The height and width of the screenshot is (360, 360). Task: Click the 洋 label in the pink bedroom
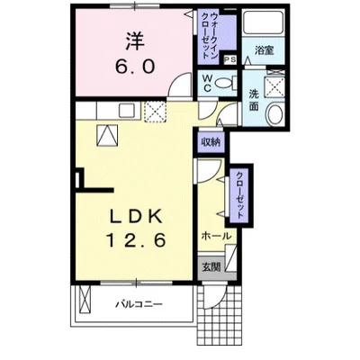coord(135,41)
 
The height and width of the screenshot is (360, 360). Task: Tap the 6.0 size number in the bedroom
coord(135,67)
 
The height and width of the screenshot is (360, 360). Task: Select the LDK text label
coord(137,216)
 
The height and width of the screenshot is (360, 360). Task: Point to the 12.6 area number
coord(136,240)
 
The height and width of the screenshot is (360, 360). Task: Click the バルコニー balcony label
coord(139,304)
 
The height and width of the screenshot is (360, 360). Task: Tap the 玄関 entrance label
coord(211,266)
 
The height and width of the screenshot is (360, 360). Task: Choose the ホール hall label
coord(217,236)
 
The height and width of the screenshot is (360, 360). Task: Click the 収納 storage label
coord(211,141)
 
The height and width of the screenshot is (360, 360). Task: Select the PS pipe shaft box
coord(230,59)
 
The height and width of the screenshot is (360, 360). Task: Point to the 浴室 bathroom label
coord(264,50)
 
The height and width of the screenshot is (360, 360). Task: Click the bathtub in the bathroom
coord(263,22)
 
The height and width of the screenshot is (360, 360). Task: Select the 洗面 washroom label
coord(254,100)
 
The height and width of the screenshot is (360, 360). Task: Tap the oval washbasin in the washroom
coord(274,114)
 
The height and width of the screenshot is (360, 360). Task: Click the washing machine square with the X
coord(274,87)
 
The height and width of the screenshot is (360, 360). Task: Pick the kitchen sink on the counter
coord(129,110)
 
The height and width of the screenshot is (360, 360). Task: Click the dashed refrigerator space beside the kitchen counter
coord(156,112)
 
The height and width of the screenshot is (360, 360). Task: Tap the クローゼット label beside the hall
coord(239,194)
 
